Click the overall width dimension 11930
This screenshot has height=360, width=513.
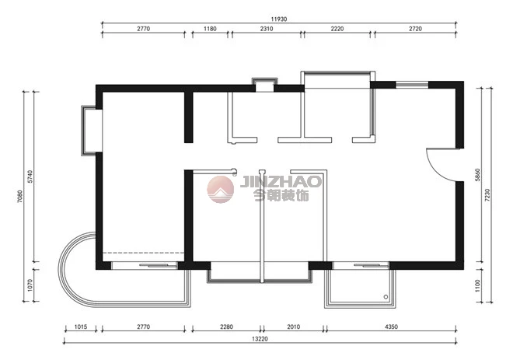(279, 19)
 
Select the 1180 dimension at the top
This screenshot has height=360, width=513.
(210, 29)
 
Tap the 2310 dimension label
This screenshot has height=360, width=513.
(267, 29)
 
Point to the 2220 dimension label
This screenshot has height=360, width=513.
(337, 29)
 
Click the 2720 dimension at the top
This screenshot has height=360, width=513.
(416, 29)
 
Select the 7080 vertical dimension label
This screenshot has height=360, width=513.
(20, 197)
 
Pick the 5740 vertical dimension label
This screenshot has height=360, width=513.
(30, 177)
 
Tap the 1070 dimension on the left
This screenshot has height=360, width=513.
(30, 285)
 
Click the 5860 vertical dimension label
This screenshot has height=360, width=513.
(477, 175)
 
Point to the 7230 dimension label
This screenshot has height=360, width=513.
(487, 194)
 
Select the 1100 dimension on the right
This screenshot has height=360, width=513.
(477, 285)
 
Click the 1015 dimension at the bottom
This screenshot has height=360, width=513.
(81, 327)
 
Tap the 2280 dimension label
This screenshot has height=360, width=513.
(226, 327)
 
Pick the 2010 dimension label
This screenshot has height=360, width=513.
(294, 327)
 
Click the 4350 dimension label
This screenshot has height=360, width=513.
(391, 327)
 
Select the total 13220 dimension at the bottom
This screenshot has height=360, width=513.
(260, 339)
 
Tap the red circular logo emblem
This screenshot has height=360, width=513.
(221, 189)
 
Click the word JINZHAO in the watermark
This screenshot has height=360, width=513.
(281, 182)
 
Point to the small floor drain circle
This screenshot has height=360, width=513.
(386, 297)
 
